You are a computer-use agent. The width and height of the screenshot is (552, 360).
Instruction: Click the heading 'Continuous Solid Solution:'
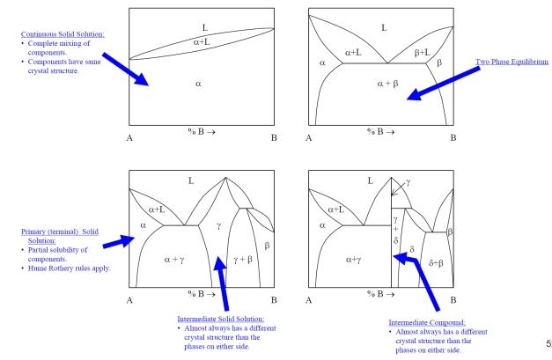[x=55, y=34]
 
